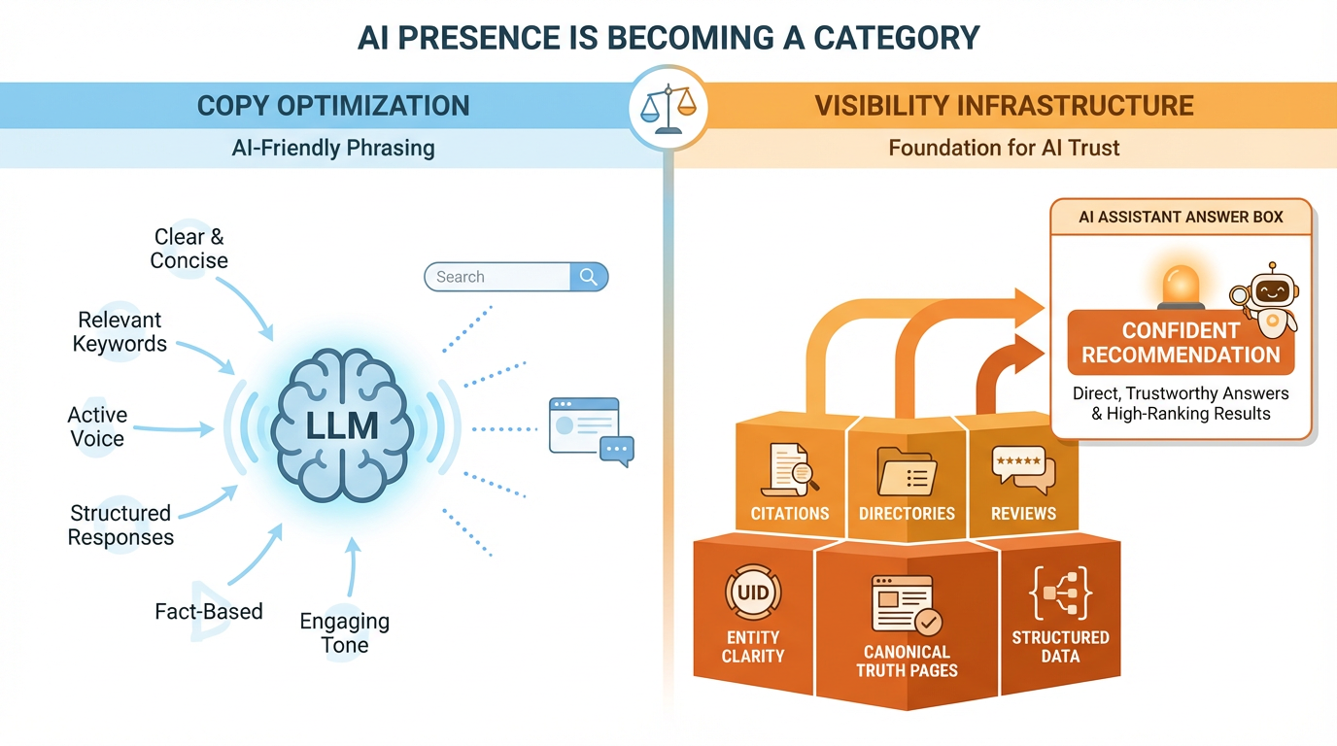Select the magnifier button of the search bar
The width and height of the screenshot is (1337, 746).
point(588,277)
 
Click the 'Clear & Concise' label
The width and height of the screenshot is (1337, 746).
point(189,249)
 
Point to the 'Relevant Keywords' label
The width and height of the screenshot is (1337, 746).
point(120,331)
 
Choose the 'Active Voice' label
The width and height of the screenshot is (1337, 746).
point(96,426)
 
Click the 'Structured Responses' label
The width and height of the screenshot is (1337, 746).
point(120,525)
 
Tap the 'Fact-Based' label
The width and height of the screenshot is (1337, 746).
point(209,611)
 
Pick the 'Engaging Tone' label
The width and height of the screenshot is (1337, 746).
point(344,632)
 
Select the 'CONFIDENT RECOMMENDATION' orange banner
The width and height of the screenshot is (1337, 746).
point(1181,342)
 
